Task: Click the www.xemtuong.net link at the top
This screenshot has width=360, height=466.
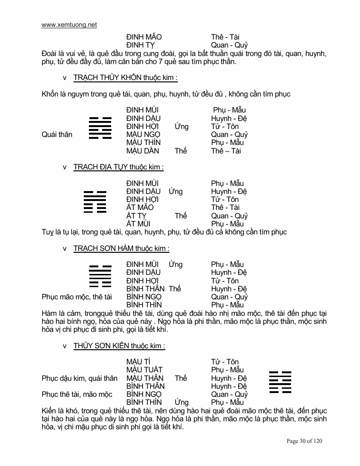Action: point(69,25)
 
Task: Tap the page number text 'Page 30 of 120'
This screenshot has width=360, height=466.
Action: point(304,441)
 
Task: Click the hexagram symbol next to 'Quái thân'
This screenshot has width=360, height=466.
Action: point(100,128)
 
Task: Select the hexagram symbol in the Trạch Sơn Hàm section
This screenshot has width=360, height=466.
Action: point(100,276)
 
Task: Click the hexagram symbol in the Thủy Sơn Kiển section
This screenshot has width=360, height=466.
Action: point(280,382)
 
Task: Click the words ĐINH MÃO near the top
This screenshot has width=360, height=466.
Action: point(144,37)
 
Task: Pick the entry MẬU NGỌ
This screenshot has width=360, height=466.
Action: point(144,135)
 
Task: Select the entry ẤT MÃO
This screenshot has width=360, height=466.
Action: point(140,208)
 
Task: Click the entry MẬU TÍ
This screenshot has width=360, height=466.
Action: point(138,362)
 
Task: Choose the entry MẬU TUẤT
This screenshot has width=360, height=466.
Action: point(144,370)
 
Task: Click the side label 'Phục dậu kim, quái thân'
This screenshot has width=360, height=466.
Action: point(80,378)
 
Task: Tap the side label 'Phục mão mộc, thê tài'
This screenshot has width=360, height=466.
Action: point(77,297)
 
